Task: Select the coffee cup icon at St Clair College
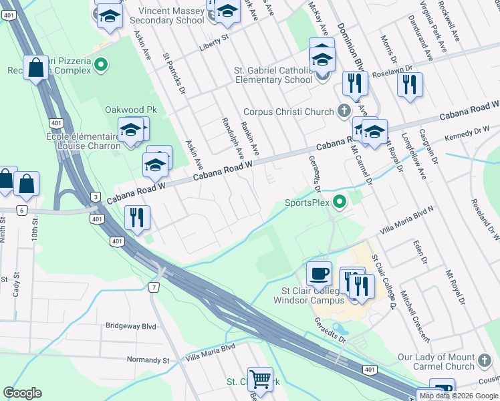[319, 273]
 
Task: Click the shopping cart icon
[260, 380]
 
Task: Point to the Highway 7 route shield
[153, 287]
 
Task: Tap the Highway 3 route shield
[96, 196]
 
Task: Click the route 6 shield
[21, 210]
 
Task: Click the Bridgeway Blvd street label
[130, 327]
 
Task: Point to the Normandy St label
[148, 360]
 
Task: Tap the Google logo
[22, 393]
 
